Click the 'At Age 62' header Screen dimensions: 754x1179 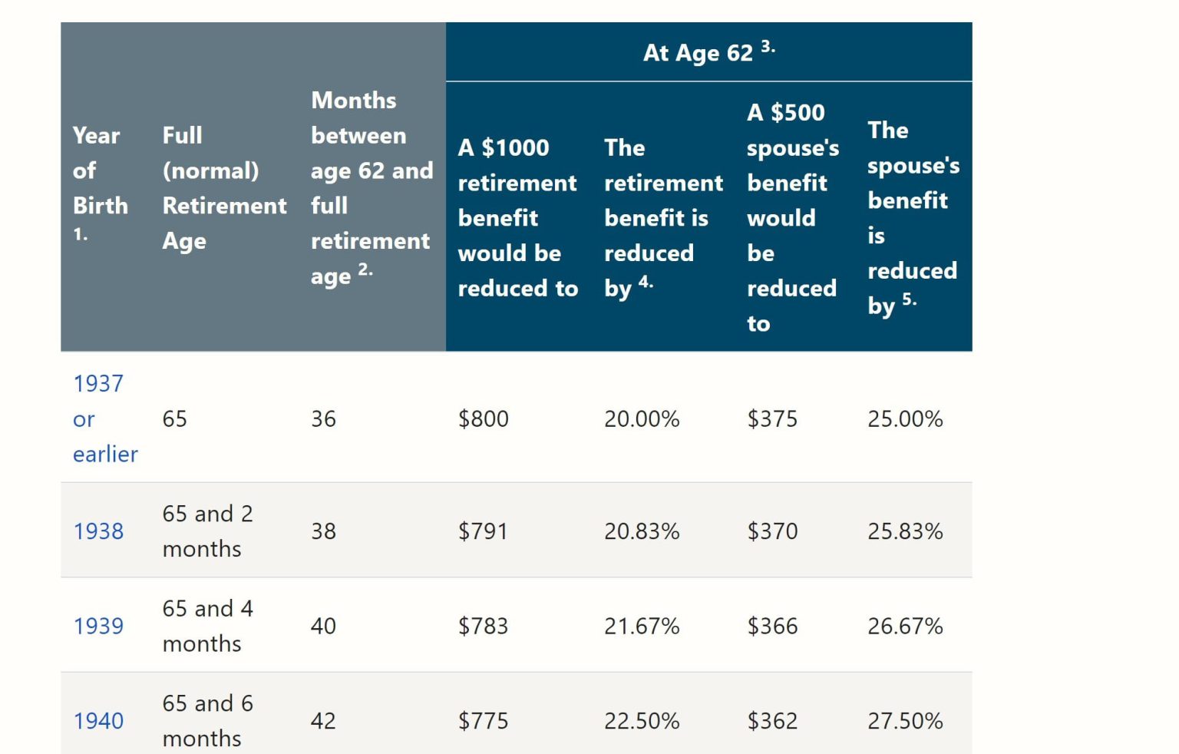(x=698, y=53)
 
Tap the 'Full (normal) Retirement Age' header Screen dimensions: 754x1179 (x=223, y=188)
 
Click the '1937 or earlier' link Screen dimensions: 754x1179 (x=104, y=418)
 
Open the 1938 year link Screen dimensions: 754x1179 (x=98, y=531)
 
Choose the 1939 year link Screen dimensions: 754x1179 (x=98, y=627)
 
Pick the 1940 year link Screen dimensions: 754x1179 (x=98, y=721)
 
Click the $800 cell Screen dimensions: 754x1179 (x=483, y=419)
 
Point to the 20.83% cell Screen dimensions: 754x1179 (x=641, y=531)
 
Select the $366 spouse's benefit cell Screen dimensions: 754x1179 (x=772, y=627)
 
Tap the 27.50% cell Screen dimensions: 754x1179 (x=904, y=721)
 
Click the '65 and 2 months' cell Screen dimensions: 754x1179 (x=207, y=531)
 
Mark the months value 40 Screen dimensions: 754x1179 (x=323, y=627)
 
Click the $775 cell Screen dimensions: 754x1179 (x=483, y=721)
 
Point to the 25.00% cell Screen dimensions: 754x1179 (x=904, y=419)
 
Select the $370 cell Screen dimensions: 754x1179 (x=772, y=531)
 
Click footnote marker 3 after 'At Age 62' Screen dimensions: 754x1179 (x=768, y=47)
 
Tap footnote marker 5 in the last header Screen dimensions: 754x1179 (x=909, y=299)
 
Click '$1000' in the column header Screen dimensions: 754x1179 (x=515, y=147)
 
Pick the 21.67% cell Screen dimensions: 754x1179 (x=641, y=627)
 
